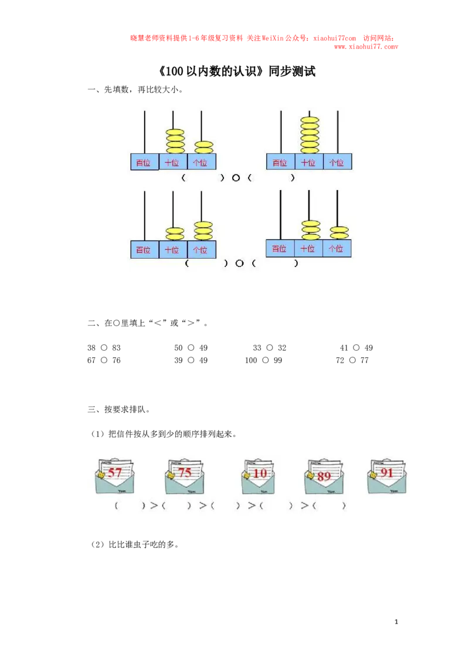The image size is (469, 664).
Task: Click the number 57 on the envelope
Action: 115,472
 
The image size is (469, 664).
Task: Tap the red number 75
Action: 185,472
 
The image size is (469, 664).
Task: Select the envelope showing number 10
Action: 259,476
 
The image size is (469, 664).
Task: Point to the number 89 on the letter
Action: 324,476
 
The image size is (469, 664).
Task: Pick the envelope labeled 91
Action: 387,473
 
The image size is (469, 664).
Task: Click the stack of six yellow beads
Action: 309,135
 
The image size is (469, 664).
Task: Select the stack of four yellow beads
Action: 175,141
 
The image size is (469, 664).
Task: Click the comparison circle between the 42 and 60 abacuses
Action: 236,178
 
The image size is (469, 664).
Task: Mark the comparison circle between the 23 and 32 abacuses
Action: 239,263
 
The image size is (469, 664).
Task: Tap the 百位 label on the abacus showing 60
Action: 280,162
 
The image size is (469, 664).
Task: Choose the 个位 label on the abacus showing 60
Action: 337,162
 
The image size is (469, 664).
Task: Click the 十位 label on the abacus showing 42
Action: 172,162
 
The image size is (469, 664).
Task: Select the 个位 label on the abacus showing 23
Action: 201,249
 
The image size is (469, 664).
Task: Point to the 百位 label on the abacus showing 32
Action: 280,248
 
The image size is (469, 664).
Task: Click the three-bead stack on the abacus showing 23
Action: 203,231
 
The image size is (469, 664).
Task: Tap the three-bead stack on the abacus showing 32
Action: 311,230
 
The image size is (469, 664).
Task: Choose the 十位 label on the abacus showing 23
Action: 172,249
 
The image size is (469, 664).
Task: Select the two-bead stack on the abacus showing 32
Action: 339,232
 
